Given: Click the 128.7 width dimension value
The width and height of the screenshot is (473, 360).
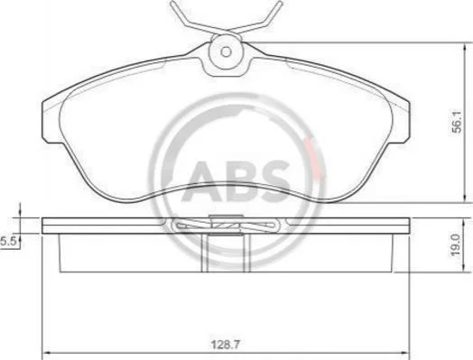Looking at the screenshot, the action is click(x=226, y=345).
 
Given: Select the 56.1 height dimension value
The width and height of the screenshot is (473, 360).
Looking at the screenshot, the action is click(x=457, y=122).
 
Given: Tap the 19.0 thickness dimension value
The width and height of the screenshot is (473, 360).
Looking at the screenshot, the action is click(x=456, y=245).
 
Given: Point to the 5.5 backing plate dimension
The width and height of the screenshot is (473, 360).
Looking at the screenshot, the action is click(x=8, y=242).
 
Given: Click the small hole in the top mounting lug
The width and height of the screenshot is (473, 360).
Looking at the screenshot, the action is click(x=226, y=51).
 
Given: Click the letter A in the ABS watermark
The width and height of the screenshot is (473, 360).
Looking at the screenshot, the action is click(x=203, y=181).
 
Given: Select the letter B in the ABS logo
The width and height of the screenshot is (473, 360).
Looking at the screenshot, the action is click(x=239, y=181).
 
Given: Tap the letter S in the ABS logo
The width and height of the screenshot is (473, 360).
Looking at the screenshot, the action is click(x=273, y=181).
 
